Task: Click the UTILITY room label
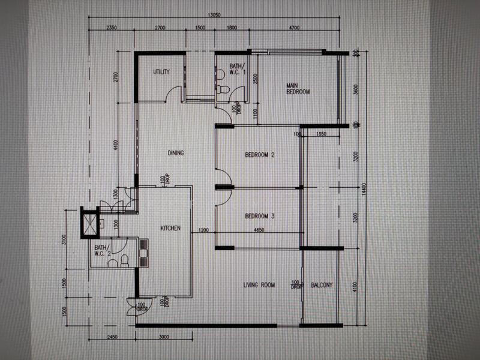pyautogui.click(x=161, y=72)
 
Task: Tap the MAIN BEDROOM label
pyautogui.click(x=298, y=89)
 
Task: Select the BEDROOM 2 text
pyautogui.click(x=260, y=155)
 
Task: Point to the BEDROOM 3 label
pyautogui.click(x=260, y=216)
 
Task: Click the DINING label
pyautogui.click(x=176, y=153)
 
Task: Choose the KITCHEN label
pyautogui.click(x=170, y=229)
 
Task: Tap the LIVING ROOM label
pyautogui.click(x=259, y=285)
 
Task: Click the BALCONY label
pyautogui.click(x=322, y=285)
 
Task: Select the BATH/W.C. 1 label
pyautogui.click(x=236, y=70)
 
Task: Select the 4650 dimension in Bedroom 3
pyautogui.click(x=260, y=230)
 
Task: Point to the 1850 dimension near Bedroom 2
pyautogui.click(x=320, y=135)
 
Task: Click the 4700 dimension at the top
pyautogui.click(x=294, y=28)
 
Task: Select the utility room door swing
pyautogui.click(x=173, y=94)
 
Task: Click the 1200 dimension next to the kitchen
pyautogui.click(x=203, y=230)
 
